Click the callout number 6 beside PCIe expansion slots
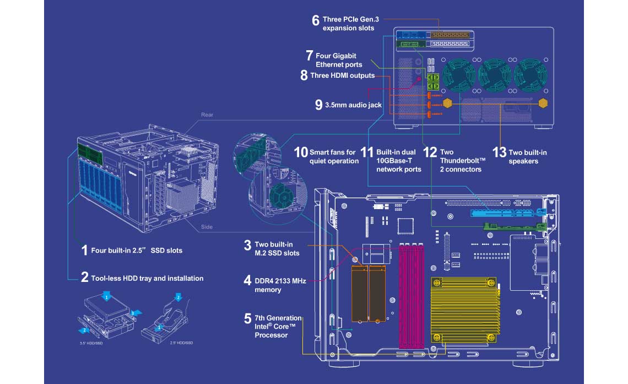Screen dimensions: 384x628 tap(316, 20)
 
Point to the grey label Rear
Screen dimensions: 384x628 tap(207, 115)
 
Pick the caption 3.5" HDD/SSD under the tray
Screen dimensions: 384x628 tap(91, 343)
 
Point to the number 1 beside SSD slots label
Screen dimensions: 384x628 tap(84, 250)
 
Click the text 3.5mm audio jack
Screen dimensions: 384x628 tap(353, 105)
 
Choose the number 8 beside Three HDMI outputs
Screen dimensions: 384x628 tap(304, 76)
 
